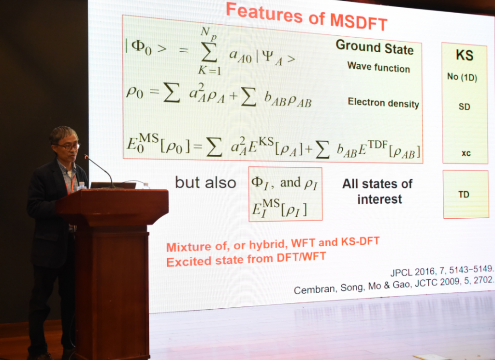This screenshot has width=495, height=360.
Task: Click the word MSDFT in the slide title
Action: (359, 22)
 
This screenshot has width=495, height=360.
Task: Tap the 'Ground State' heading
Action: (375, 47)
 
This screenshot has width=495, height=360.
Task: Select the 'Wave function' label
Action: (379, 67)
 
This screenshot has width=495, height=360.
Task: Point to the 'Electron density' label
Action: (383, 103)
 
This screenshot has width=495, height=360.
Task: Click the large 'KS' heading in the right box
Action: (465, 55)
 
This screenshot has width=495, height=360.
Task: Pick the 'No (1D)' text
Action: (462, 77)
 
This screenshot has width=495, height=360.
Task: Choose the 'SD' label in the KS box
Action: (465, 106)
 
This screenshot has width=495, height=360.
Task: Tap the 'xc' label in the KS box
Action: (466, 153)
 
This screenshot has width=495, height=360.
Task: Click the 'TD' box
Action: (466, 194)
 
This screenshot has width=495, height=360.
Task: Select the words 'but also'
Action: (205, 182)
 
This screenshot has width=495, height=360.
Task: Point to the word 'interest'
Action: (379, 199)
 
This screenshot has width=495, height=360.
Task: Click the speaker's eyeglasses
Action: (68, 146)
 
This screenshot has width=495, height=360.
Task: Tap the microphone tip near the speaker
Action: (86, 156)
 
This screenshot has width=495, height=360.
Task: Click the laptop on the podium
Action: (113, 185)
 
